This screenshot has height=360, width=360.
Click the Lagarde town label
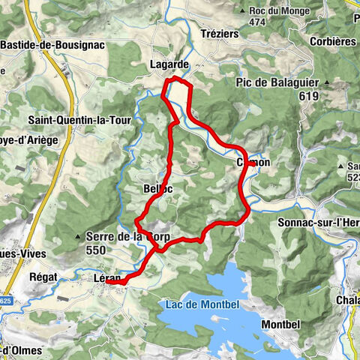coord(168,64)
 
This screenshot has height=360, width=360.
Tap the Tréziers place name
coord(220,34)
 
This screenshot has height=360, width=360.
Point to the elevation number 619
coord(303,96)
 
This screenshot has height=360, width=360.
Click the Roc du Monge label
coord(275,10)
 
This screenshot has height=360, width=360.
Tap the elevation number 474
coord(259,22)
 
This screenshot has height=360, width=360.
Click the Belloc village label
coord(157,189)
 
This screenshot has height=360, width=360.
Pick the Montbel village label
coord(282,324)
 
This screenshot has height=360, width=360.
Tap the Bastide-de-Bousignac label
coord(52,45)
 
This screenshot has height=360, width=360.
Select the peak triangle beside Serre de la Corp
coord(79,237)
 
